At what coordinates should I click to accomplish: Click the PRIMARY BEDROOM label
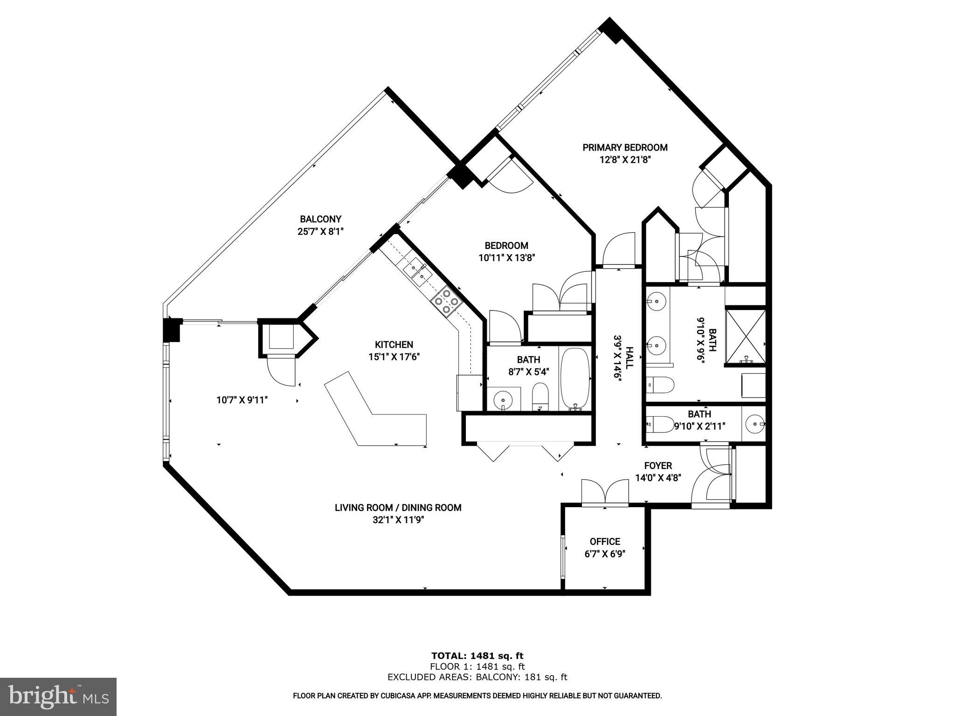click(x=625, y=148)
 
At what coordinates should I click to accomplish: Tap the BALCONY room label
click(x=320, y=219)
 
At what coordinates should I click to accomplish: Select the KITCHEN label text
click(x=394, y=344)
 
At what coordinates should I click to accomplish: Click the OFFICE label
click(x=605, y=542)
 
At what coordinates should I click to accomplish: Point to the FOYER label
click(x=658, y=466)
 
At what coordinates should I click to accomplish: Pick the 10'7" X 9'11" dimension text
click(x=242, y=400)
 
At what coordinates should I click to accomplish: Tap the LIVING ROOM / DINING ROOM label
click(x=398, y=508)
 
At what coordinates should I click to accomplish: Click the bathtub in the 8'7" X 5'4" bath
click(x=575, y=378)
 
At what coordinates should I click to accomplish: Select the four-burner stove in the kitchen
click(x=447, y=301)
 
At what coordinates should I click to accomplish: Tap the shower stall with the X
click(x=746, y=336)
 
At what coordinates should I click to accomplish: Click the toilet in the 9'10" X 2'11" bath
click(x=659, y=424)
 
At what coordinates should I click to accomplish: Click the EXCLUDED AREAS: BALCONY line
click(x=477, y=677)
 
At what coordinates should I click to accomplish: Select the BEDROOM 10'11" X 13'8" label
click(x=506, y=251)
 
